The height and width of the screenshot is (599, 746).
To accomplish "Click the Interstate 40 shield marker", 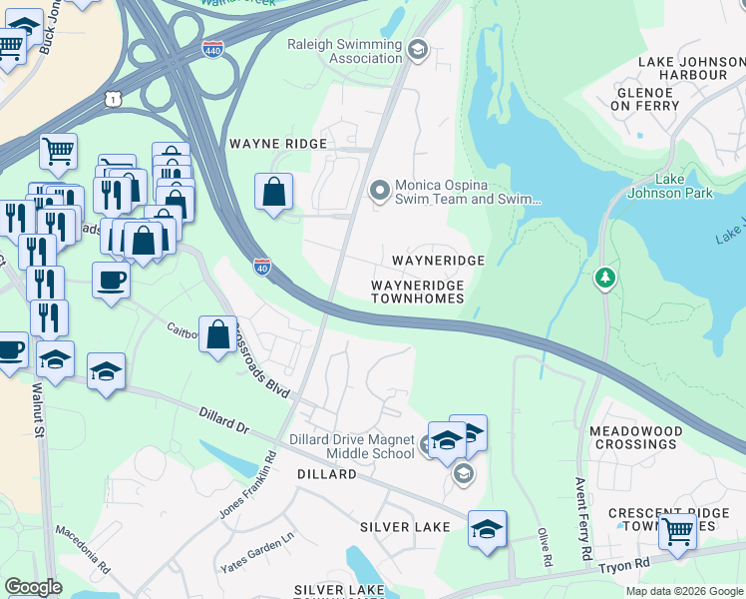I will [262, 267].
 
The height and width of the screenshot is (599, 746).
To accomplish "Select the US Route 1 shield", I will [116, 96].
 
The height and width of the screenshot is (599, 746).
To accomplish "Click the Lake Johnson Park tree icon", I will [604, 278].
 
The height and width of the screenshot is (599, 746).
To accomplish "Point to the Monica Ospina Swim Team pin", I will [379, 190].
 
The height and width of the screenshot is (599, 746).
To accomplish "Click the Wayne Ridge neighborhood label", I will [278, 144].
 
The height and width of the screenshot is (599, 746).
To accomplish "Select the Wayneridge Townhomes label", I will [417, 292].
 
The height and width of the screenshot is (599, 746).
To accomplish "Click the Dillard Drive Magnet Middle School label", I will [351, 446].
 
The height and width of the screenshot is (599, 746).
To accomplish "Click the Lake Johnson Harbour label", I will [683, 68].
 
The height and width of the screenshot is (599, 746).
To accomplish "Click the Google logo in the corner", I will [33, 587].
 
